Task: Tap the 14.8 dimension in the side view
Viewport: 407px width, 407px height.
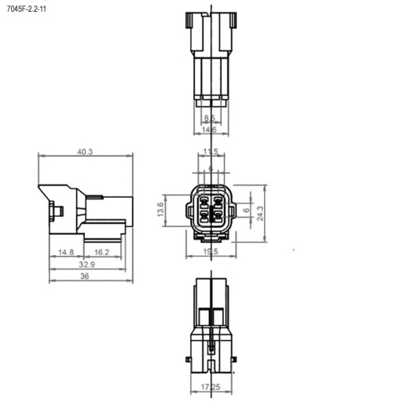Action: click(x=66, y=252)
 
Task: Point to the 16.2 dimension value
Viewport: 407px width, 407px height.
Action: click(x=102, y=252)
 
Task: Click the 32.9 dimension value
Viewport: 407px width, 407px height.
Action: click(x=87, y=264)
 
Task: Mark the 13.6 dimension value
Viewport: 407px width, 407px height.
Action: click(x=162, y=209)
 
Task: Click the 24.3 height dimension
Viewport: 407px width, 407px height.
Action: click(x=260, y=213)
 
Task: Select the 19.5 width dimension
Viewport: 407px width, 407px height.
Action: click(x=211, y=252)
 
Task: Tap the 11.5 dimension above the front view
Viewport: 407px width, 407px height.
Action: click(x=211, y=151)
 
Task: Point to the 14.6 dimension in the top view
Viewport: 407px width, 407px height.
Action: click(x=209, y=129)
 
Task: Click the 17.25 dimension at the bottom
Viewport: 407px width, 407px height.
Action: click(x=211, y=388)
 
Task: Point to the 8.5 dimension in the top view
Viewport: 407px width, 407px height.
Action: click(x=209, y=118)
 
